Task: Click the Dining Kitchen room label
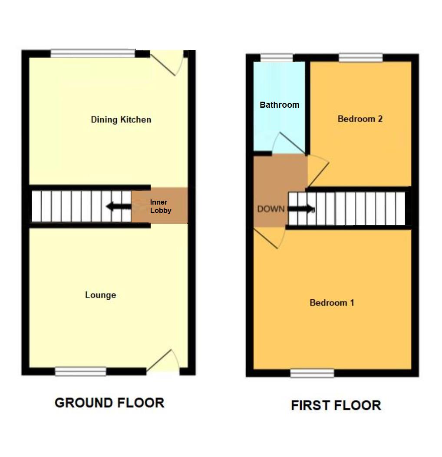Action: [121, 119]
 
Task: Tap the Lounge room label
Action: [100, 295]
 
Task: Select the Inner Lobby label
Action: [161, 206]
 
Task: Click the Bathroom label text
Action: [279, 105]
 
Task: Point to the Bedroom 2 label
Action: [360, 119]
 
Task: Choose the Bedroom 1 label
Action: [332, 302]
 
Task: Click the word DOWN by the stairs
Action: [271, 209]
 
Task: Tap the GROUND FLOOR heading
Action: [109, 403]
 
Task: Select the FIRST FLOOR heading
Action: [336, 405]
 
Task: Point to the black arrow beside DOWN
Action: [300, 209]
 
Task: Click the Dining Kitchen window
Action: [92, 53]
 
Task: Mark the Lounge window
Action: [81, 371]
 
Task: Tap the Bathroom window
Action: [277, 57]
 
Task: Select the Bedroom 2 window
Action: [361, 57]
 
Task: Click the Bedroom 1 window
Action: [312, 373]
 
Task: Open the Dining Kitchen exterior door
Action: [167, 63]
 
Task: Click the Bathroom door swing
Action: [284, 143]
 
